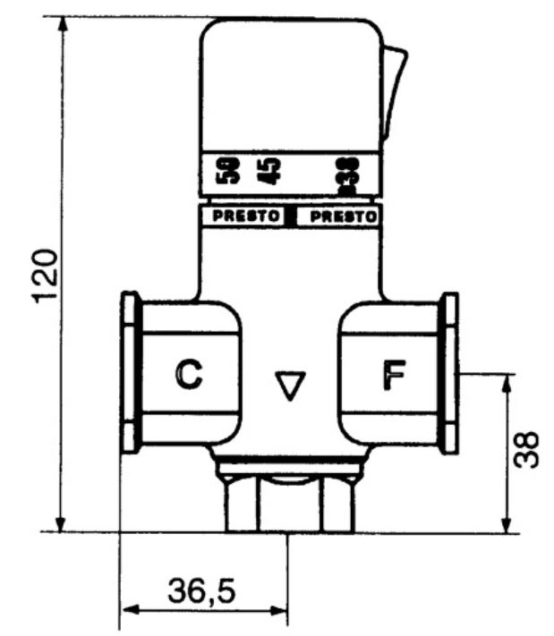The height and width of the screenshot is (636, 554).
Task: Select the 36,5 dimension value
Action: (203, 591)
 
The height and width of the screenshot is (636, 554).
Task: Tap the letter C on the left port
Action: (188, 377)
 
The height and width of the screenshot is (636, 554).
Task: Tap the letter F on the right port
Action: (391, 377)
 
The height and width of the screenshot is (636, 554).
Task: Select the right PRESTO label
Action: (337, 216)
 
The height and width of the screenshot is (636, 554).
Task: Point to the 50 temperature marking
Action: (231, 170)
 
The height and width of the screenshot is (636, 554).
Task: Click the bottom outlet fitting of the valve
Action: (288, 505)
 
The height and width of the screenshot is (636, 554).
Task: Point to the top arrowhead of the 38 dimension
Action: (507, 381)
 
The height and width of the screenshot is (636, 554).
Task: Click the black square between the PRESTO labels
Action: (291, 216)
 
